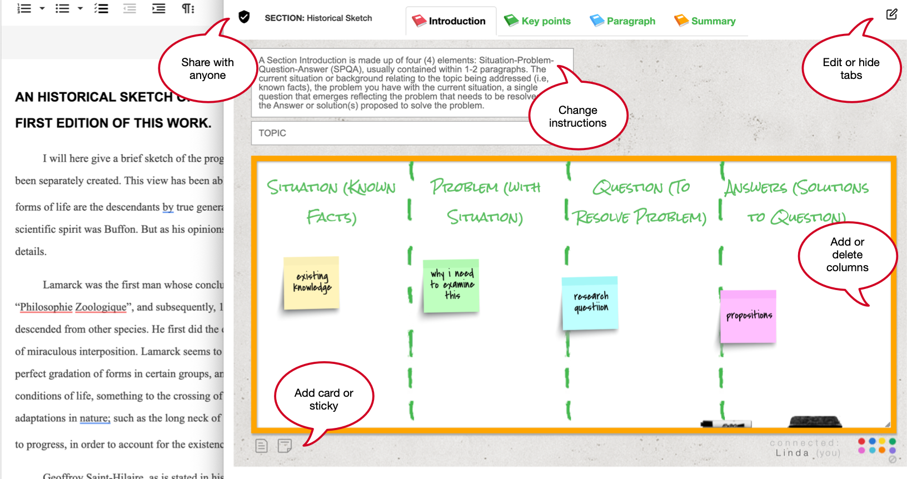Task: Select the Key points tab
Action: [537, 21]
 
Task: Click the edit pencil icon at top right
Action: [891, 14]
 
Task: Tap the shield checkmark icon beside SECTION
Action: [244, 17]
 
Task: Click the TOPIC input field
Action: [389, 133]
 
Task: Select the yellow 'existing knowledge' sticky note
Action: [311, 283]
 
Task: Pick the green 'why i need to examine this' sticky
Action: [451, 286]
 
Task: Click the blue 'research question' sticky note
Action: [590, 303]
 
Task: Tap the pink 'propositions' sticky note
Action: [748, 316]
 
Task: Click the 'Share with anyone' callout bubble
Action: [207, 69]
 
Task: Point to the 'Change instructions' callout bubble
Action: [578, 117]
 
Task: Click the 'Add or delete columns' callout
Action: [847, 255]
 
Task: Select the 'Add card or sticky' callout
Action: [324, 399]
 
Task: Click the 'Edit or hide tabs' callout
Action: [851, 69]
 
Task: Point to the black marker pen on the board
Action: [726, 424]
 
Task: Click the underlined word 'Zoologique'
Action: [101, 307]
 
